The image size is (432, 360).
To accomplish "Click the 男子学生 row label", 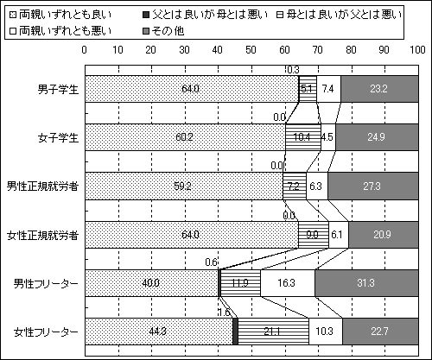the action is (58, 89).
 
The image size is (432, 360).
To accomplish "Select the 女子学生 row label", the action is (58, 137).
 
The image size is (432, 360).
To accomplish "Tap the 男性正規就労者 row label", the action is (42, 186).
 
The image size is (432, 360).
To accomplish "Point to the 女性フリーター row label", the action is (46, 332).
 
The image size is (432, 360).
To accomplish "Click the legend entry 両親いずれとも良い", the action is (60, 15).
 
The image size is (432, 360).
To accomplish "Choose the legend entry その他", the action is (163, 31).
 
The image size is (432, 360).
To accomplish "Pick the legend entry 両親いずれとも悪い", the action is (60, 31).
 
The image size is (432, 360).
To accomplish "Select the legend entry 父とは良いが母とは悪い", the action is (206, 15).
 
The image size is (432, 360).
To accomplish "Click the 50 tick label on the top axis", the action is (251, 50).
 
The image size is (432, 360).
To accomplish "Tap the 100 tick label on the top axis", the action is (417, 50).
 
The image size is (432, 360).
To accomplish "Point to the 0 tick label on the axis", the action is (84, 50).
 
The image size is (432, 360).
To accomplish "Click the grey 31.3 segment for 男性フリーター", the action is (366, 283).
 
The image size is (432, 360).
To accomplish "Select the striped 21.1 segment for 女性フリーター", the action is (273, 332).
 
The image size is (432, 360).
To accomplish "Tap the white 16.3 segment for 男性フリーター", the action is (288, 283).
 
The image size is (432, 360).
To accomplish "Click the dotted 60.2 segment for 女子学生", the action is (185, 137).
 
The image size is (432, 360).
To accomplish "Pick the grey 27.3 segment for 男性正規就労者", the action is (373, 186).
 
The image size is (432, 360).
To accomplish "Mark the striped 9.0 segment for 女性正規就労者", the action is (314, 235).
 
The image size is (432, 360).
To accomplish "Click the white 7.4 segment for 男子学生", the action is (328, 89).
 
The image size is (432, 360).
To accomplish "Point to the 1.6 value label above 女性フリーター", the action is (224, 313).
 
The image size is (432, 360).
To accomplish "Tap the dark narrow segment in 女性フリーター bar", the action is (235, 332).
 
